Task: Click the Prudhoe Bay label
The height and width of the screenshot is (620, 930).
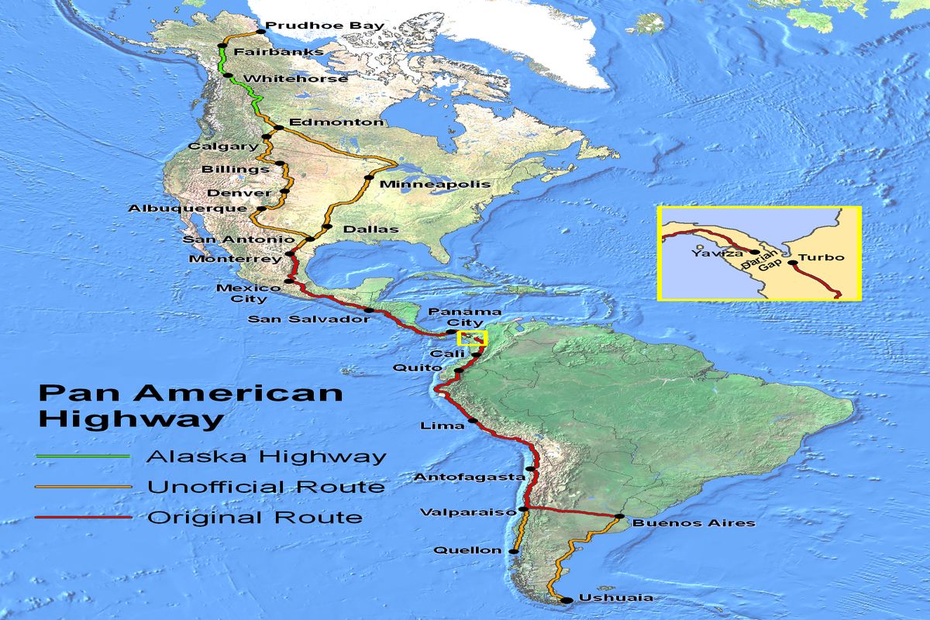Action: tap(325, 26)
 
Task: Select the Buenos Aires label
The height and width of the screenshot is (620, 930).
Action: tap(694, 523)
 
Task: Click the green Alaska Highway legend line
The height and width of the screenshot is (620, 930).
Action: tap(84, 456)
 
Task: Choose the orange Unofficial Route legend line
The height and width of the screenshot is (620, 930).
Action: tap(84, 487)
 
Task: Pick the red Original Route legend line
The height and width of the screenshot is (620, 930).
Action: tap(84, 517)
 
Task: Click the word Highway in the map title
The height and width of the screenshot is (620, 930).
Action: tap(130, 420)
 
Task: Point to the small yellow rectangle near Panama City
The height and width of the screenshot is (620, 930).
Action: tap(471, 337)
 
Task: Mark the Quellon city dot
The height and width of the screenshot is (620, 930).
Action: tap(513, 551)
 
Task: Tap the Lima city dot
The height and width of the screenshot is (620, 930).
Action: tap(472, 422)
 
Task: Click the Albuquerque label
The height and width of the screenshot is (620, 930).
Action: tap(188, 208)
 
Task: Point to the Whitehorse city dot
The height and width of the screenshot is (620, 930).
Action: tap(229, 75)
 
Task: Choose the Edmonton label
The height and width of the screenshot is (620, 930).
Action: tap(336, 122)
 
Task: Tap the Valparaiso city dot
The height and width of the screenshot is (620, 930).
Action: tap(524, 509)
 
